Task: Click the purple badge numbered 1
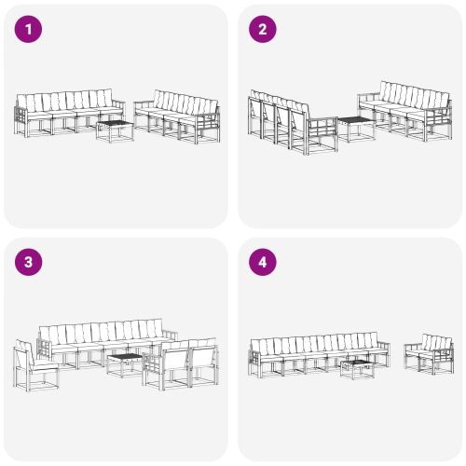click(30, 30)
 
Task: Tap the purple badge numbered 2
click(263, 30)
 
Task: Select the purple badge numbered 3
click(30, 262)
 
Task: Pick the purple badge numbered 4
click(263, 262)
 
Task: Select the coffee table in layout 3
click(124, 363)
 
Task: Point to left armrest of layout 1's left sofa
click(21, 117)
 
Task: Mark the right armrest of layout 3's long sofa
click(170, 336)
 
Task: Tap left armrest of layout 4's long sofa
click(255, 354)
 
